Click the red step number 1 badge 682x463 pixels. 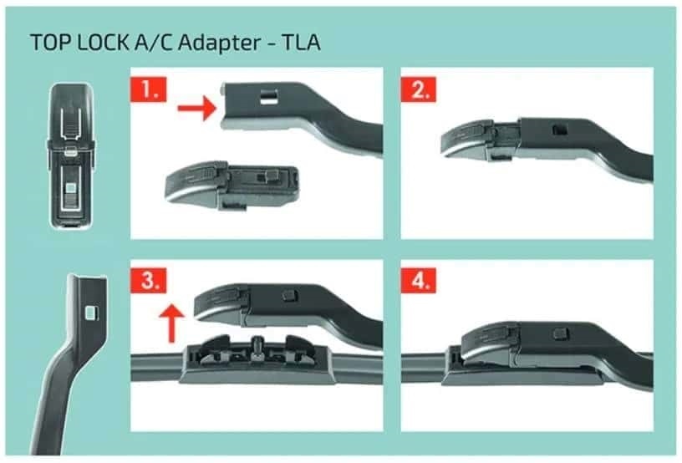pyautogui.click(x=148, y=90)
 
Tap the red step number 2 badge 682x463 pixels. pyautogui.click(x=419, y=90)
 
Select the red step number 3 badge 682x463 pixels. pyautogui.click(x=148, y=281)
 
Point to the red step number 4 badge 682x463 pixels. pyautogui.click(x=419, y=281)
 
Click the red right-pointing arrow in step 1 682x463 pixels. pyautogui.click(x=196, y=108)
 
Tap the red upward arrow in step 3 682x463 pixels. pyautogui.click(x=171, y=323)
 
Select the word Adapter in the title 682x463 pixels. pyautogui.click(x=219, y=43)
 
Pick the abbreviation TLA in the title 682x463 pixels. pyautogui.click(x=302, y=42)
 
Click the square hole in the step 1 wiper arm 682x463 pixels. pyautogui.click(x=269, y=96)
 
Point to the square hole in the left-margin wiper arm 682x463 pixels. pyautogui.click(x=92, y=312)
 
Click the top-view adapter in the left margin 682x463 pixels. pyautogui.click(x=71, y=155)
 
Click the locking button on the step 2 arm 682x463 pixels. pyautogui.click(x=558, y=130)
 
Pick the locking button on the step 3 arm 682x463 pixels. pyautogui.click(x=290, y=295)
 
